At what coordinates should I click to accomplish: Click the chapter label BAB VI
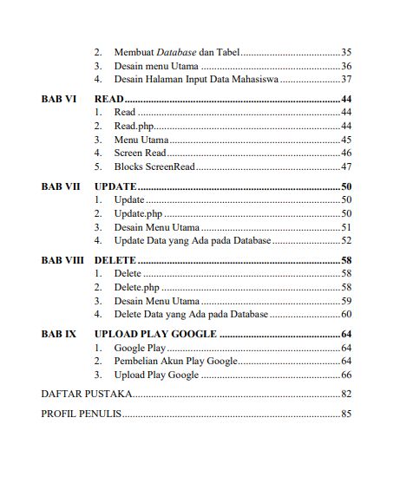click(x=58, y=100)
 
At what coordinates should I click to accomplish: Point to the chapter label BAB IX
click(x=58, y=333)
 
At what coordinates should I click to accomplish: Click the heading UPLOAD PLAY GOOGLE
click(x=154, y=333)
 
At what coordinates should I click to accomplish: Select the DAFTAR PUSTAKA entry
click(x=87, y=394)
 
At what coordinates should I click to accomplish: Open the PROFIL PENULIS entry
click(x=82, y=414)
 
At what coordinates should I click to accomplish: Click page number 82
click(x=345, y=394)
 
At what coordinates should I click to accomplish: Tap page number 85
click(x=345, y=414)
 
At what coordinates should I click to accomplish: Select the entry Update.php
click(x=138, y=213)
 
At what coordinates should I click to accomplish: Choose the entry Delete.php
click(x=136, y=287)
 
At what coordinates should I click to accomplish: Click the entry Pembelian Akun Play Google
click(x=175, y=361)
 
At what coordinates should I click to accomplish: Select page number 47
click(x=345, y=166)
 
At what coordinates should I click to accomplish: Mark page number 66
click(x=345, y=375)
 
